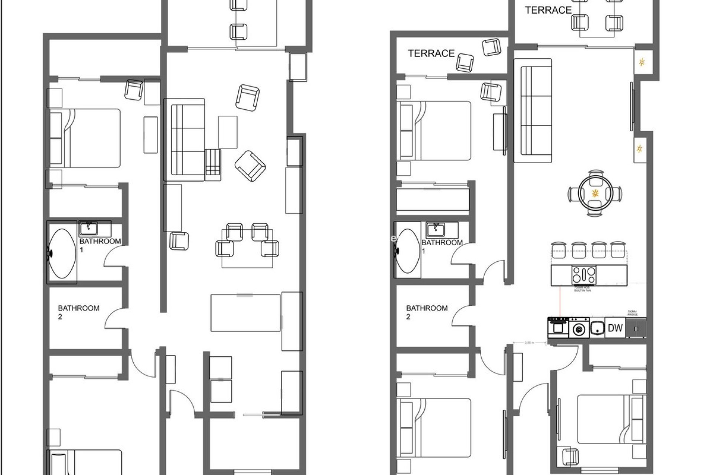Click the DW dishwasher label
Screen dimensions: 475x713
(615, 328)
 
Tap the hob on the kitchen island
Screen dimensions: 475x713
(584, 275)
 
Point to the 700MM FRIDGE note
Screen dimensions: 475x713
(632, 313)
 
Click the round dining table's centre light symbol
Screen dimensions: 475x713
(595, 193)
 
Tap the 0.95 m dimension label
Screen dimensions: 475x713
(529, 343)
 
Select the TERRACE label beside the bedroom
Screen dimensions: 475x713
(431, 53)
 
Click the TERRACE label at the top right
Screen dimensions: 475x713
(548, 10)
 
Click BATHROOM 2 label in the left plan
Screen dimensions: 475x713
(78, 312)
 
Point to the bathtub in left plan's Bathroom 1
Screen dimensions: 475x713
(62, 253)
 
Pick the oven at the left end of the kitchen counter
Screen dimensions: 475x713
(558, 328)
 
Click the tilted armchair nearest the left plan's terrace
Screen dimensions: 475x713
(247, 97)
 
